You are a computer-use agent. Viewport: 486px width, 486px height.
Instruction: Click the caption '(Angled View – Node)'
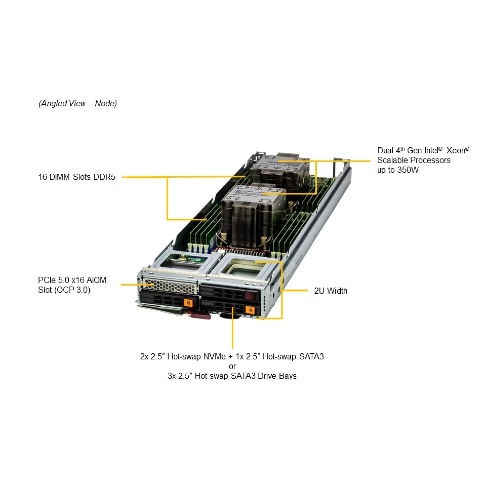click(x=78, y=104)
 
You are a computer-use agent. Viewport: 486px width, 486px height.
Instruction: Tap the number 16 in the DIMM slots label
click(x=43, y=177)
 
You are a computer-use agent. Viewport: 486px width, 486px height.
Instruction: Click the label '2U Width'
click(x=331, y=291)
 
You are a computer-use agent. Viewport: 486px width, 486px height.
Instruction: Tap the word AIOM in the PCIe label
click(x=96, y=280)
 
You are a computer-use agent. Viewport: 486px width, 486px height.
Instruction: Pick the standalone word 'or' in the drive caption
click(x=232, y=366)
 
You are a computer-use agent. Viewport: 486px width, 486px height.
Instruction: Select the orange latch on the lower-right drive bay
click(x=250, y=309)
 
